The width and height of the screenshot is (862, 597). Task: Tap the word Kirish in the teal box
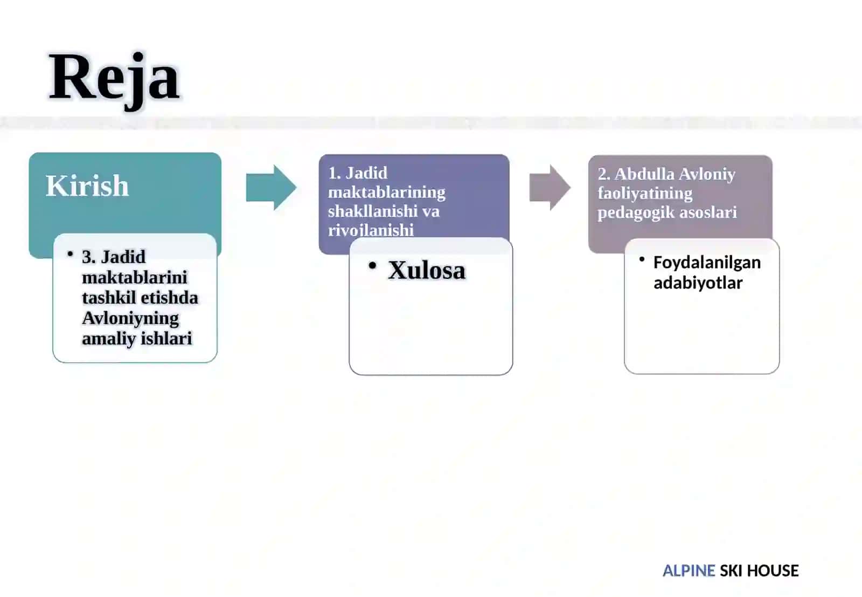87,186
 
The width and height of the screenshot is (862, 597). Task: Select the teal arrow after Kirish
272,188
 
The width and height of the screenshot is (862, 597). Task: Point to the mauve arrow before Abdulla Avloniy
550,188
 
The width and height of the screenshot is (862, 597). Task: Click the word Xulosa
427,270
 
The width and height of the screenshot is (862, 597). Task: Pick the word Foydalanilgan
707,263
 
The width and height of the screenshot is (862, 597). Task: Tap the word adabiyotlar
698,283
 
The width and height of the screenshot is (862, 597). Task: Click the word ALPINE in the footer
689,571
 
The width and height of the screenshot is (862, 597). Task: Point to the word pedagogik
635,212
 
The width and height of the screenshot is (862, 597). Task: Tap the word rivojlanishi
371,230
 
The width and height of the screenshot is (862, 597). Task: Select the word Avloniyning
130,319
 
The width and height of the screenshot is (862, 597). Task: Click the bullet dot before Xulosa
372,265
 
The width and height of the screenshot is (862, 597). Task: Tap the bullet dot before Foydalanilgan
642,259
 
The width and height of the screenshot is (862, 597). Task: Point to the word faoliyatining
645,194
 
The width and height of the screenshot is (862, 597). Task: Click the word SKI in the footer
731,571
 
